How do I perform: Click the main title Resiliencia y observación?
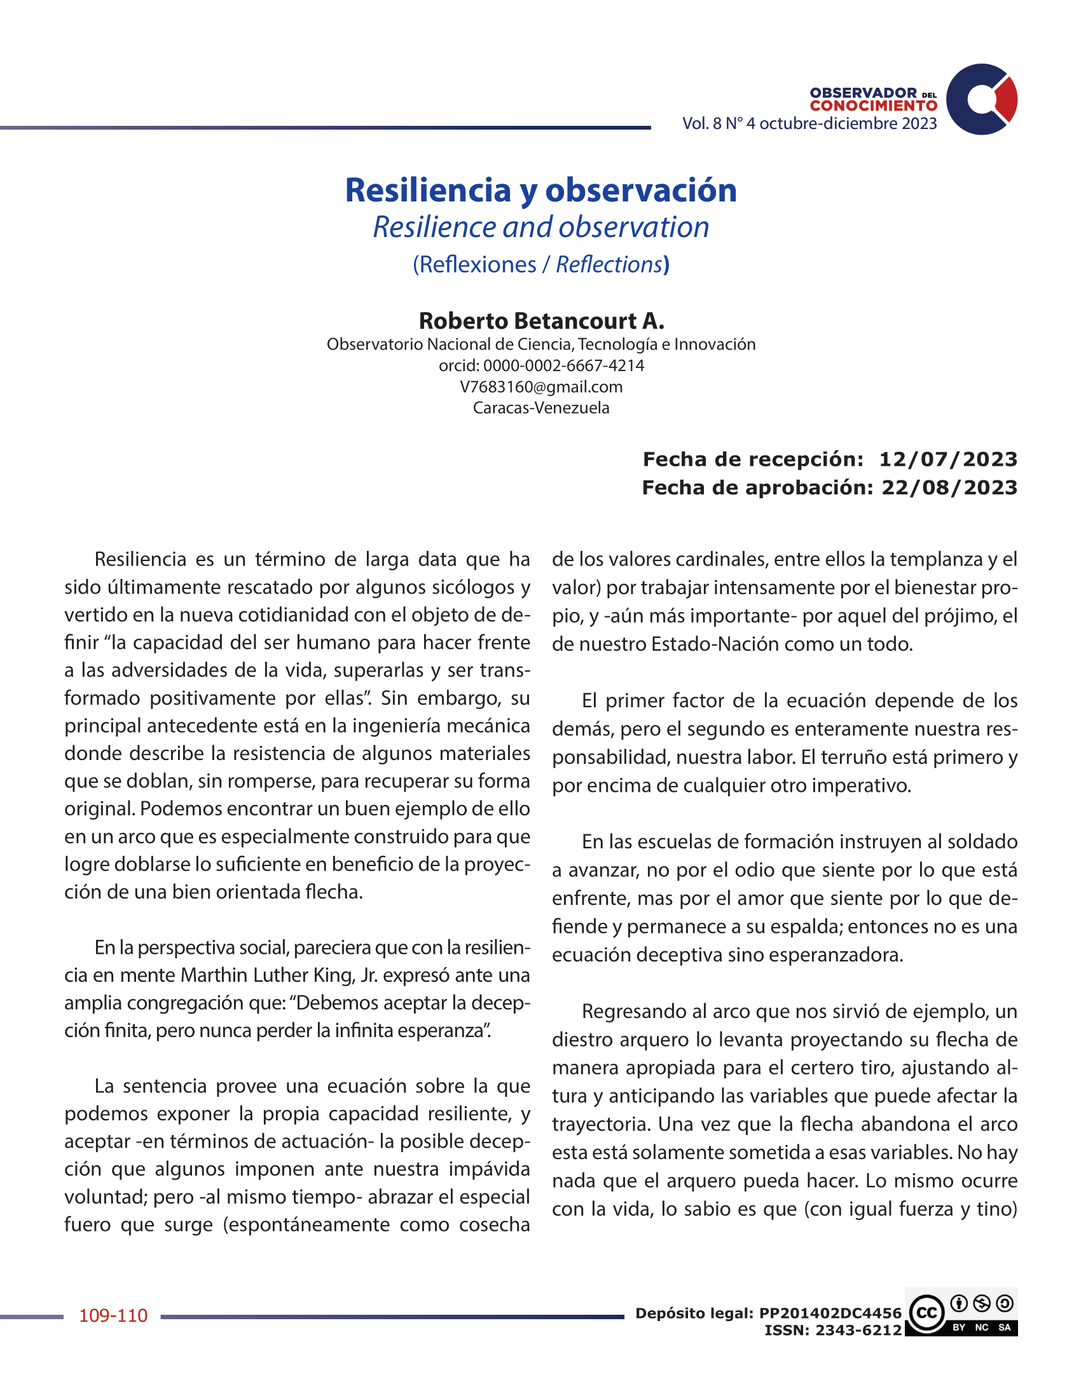point(540,190)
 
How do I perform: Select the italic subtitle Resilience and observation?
point(540,227)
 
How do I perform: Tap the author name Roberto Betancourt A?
point(540,320)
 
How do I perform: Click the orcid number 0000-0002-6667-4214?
point(563,365)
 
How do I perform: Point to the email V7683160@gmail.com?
point(540,386)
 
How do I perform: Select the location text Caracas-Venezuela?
point(540,408)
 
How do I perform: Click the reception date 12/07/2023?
point(948,459)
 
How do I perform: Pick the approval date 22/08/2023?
point(949,487)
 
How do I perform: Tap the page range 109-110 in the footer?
point(113,1315)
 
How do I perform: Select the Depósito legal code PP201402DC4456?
point(830,1313)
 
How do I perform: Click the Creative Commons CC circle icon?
point(926,1313)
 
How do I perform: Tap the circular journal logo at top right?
point(981,99)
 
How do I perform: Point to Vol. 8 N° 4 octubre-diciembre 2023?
point(809,123)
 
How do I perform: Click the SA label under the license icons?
point(1004,1327)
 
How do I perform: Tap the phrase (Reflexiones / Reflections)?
point(540,264)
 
